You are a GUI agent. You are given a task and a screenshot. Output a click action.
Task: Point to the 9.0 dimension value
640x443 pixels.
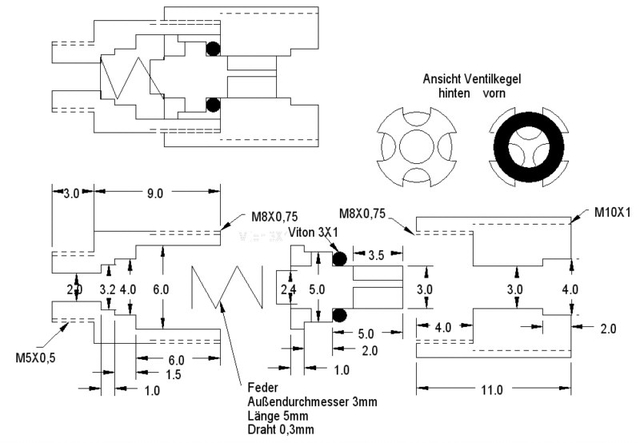click(153, 193)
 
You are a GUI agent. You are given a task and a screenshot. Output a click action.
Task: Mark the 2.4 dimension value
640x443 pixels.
click(288, 290)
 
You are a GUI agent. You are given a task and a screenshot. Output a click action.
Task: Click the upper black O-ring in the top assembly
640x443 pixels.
click(212, 48)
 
